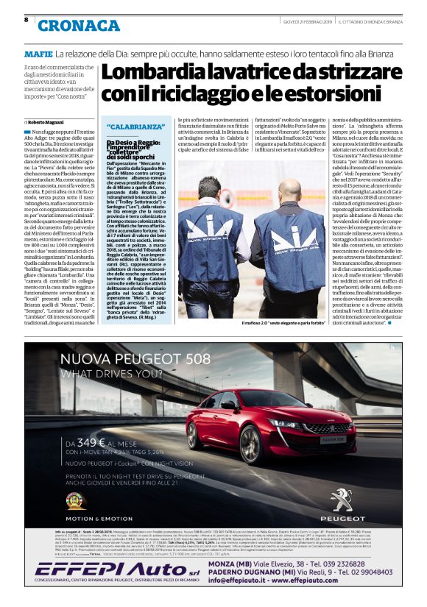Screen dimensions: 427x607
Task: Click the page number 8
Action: (26, 20)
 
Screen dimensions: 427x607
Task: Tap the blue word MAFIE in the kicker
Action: (38, 54)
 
